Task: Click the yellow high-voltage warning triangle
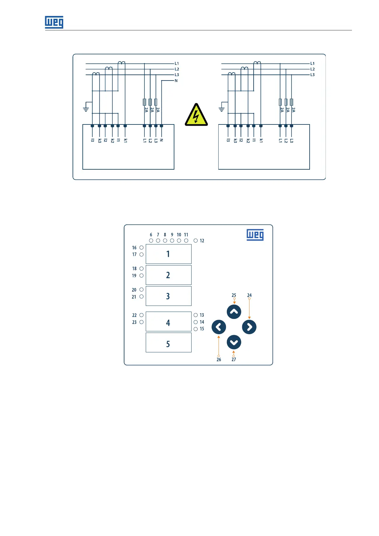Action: [196, 115]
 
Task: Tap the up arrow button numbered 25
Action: [234, 312]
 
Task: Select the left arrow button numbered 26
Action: [219, 327]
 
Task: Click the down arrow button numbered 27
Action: [234, 342]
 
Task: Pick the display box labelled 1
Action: [168, 254]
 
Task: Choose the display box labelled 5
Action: [168, 343]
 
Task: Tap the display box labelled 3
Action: [168, 296]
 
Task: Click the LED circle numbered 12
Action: [196, 241]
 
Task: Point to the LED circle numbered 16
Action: [142, 248]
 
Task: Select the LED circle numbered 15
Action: [196, 329]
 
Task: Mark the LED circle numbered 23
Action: [142, 322]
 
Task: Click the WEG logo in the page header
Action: [54, 22]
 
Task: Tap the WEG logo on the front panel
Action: [255, 235]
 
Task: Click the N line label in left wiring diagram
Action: [176, 81]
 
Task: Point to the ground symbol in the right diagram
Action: [221, 109]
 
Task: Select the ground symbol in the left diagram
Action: [86, 109]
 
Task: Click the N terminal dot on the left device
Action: [161, 126]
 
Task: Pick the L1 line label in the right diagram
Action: [312, 64]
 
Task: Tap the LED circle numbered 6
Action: [151, 241]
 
